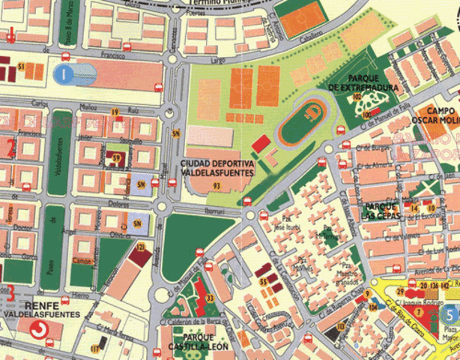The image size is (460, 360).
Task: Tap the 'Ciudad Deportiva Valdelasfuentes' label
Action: tap(217, 168)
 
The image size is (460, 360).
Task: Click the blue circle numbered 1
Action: tap(65, 73)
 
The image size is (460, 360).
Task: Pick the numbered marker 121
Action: tap(139, 247)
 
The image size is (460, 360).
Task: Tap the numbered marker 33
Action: tap(211, 298)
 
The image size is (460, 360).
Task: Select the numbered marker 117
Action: tap(94, 349)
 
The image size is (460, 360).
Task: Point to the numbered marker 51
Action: tap(21, 67)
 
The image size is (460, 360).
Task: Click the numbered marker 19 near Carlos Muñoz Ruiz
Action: tap(115, 112)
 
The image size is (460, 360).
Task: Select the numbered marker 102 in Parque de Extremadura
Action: tap(357, 97)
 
